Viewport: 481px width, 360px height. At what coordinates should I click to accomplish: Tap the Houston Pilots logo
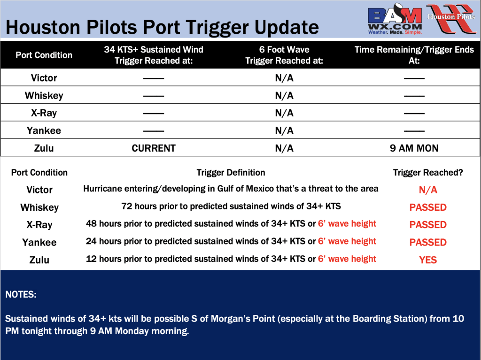coord(451,18)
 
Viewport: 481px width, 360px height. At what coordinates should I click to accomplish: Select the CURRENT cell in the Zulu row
coord(154,148)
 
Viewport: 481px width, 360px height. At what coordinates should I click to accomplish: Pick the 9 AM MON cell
coord(414,148)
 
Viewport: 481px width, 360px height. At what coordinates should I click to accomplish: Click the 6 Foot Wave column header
coord(284,55)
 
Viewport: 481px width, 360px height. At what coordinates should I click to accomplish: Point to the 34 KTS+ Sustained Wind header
coord(154,55)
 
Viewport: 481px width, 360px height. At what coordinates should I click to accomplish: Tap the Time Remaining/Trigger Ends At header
coord(414,55)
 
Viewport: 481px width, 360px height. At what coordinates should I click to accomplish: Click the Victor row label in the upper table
coord(44,78)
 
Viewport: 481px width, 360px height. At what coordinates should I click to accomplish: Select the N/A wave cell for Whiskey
coord(284,96)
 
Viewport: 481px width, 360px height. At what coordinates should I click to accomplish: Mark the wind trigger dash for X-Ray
coord(154,114)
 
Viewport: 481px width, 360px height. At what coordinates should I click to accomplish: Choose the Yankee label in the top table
coord(44,130)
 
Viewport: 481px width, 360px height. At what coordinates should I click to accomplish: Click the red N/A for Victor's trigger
coord(428,190)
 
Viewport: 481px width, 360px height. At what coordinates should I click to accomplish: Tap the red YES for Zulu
coord(428,260)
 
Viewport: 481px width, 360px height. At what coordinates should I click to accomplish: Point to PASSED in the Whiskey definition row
coord(428,207)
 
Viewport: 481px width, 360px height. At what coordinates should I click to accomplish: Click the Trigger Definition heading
coord(231,173)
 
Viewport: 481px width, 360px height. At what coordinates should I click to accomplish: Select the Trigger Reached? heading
coord(428,173)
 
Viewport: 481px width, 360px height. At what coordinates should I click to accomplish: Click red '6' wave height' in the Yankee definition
coord(347,241)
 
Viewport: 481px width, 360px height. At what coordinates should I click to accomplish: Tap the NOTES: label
coord(21,295)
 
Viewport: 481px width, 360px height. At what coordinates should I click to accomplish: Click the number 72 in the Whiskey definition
coord(126,206)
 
